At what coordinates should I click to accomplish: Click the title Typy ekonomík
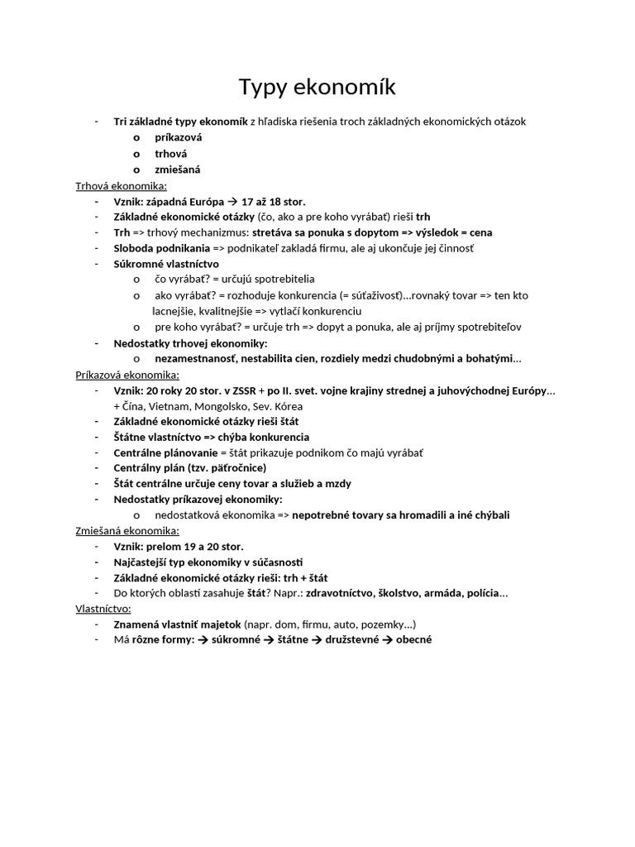[317, 87]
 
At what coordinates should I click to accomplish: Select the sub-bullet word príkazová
[178, 137]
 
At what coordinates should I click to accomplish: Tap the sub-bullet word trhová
[171, 153]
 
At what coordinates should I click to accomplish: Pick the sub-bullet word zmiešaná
[178, 169]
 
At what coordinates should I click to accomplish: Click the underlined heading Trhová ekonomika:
[122, 185]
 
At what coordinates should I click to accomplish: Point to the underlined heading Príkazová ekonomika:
[127, 374]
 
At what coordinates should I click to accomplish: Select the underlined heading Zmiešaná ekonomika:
[127, 530]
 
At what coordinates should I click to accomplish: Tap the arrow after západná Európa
[232, 201]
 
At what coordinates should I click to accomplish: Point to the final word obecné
[414, 639]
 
